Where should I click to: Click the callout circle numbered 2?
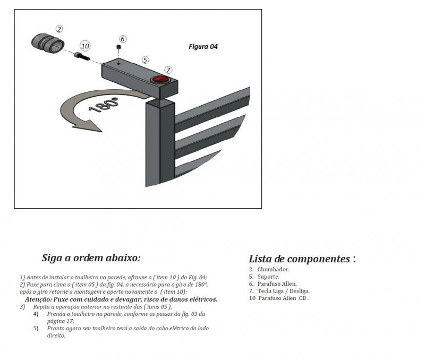coord(59,29)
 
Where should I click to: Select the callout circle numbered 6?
coord(123,39)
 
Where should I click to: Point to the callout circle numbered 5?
coord(145,60)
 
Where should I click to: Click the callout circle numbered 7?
coord(168,70)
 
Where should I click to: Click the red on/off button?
coord(159,80)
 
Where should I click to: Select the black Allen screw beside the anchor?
coord(83,56)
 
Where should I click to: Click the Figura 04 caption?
coord(203,47)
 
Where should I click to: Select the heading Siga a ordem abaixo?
coord(91,258)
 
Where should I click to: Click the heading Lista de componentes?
coord(302,259)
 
